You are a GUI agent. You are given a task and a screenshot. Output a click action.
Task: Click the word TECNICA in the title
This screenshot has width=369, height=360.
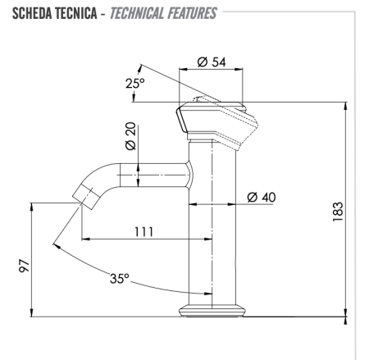click(75, 12)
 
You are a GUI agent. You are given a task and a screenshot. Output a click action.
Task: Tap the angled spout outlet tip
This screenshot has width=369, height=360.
click(83, 196)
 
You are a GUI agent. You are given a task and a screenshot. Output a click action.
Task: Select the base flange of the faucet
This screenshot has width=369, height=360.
click(213, 311)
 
